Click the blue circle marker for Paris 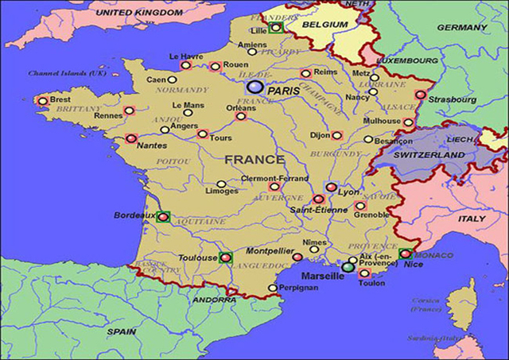tap(254, 87)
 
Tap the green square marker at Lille tap(275, 27)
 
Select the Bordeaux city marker tap(163, 215)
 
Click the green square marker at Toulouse tap(225, 257)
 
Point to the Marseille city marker tap(348, 267)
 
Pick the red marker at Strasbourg tap(421, 95)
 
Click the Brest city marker tap(43, 101)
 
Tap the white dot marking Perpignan tap(273, 288)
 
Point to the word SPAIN tap(122, 331)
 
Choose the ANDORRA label tap(213, 300)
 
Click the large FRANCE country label tap(254, 160)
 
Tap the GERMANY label tap(461, 27)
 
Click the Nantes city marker tap(131, 138)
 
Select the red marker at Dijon tap(336, 135)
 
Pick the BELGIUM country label tap(324, 25)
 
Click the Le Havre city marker tap(185, 65)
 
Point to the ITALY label tap(471, 218)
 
